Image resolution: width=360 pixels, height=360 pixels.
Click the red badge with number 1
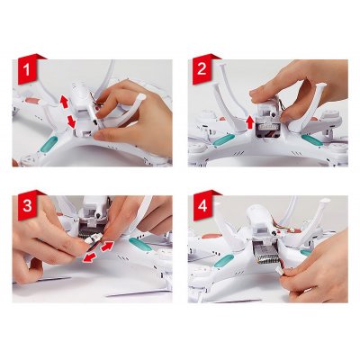tap(28, 69)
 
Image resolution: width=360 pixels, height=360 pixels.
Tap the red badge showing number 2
tap(202, 69)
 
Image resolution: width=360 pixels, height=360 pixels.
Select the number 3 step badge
tap(28, 205)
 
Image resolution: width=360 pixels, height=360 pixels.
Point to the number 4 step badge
tap(202, 205)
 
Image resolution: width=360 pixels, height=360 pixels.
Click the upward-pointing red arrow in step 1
tap(64, 102)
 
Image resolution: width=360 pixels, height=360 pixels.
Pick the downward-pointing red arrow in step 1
tap(71, 121)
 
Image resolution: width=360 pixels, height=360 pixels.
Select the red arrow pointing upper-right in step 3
tap(107, 246)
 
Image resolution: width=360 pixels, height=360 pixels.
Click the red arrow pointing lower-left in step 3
tap(90, 257)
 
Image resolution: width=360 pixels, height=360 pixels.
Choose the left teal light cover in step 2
tap(223, 140)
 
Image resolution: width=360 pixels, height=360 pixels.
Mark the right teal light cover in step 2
tap(312, 140)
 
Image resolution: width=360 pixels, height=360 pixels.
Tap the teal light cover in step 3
tap(140, 244)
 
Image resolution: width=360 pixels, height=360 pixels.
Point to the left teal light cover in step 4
tap(224, 260)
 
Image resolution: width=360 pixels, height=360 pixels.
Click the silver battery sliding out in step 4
tap(265, 254)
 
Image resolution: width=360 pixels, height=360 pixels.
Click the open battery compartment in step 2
tap(269, 130)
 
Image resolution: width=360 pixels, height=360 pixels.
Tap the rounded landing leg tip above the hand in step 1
tap(140, 97)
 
